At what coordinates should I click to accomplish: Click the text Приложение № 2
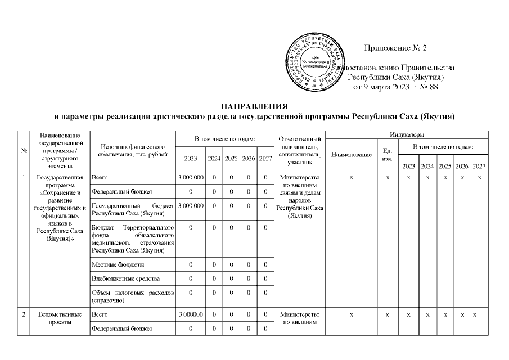tap(396, 48)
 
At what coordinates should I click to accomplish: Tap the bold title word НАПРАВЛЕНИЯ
tap(254, 106)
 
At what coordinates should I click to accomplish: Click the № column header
tap(24, 150)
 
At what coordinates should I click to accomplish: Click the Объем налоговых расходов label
tap(133, 296)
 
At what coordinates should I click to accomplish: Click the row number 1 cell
tap(24, 178)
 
